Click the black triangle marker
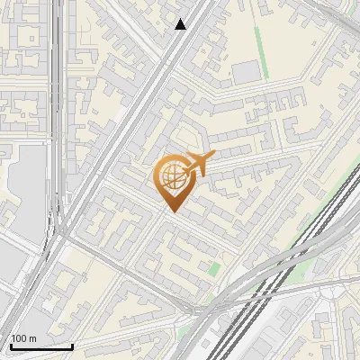coord(181,24)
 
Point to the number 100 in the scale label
coord(20,337)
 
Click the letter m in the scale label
coord(33,337)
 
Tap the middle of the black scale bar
coord(41,346)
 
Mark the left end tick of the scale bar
coord(11,345)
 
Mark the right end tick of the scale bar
coord(72,345)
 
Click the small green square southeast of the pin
coord(213,268)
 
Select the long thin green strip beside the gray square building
coord(261,49)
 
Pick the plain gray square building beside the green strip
coord(244,72)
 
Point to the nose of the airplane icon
coord(213,157)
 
